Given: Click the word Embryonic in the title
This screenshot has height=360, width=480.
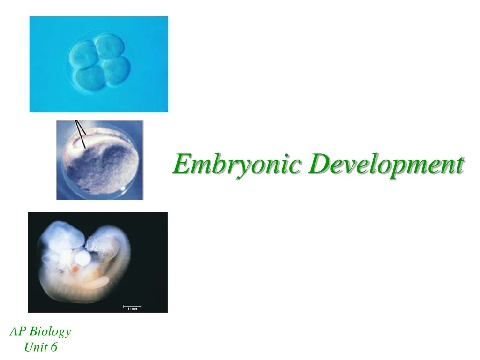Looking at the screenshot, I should click(237, 165).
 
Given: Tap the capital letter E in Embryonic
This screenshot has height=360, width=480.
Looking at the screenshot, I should click(180, 164).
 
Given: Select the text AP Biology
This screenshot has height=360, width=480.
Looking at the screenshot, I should click(40, 331).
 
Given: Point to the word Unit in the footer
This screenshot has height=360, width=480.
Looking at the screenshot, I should click(35, 347).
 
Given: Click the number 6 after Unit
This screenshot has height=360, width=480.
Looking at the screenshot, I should click(53, 347).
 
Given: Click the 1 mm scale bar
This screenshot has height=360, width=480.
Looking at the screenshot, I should click(132, 307).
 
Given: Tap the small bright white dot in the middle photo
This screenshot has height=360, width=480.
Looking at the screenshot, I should click(123, 188).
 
